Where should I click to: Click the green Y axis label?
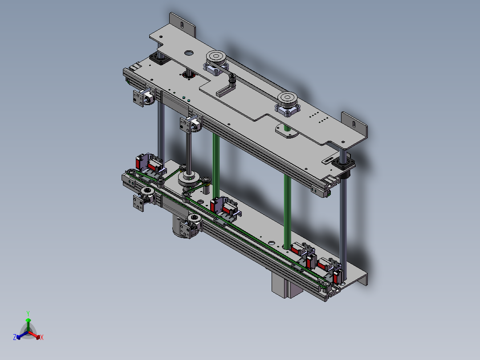pyautogui.click(x=28, y=313)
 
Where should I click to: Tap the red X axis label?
pyautogui.click(x=42, y=337)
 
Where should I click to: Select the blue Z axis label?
pyautogui.click(x=15, y=337)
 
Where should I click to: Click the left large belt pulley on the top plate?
pyautogui.click(x=216, y=57)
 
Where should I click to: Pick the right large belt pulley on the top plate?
pyautogui.click(x=288, y=98)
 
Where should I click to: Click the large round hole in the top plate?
pyautogui.click(x=189, y=53)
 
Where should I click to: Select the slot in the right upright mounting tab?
pyautogui.click(x=354, y=124)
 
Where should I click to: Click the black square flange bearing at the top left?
pyautogui.click(x=159, y=58)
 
